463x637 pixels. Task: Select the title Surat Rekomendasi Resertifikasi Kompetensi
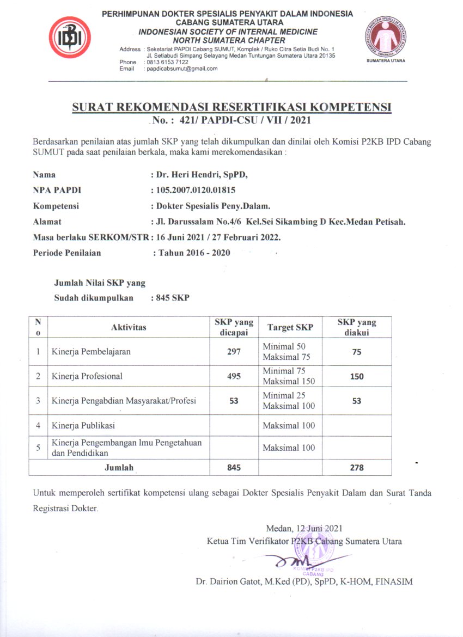[231, 107]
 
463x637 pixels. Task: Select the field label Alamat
[47, 222]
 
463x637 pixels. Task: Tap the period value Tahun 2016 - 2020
[193, 253]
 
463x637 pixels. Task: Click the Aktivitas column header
[129, 327]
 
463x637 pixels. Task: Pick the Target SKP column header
[290, 327]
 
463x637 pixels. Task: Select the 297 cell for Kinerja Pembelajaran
[234, 352]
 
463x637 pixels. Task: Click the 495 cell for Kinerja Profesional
[234, 376]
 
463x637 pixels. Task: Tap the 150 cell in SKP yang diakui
[357, 376]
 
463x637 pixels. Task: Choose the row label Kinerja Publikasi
[83, 425]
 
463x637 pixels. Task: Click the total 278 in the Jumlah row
[357, 467]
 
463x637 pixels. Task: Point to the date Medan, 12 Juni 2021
[304, 528]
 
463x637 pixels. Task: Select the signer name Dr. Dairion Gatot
[304, 581]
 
